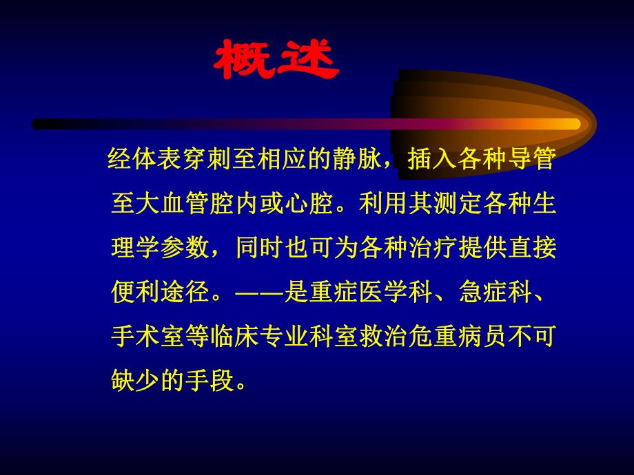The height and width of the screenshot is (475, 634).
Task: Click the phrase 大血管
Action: click(x=171, y=204)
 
